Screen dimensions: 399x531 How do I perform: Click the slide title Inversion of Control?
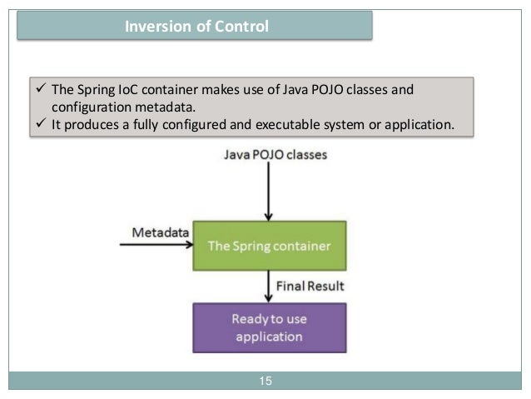pos(196,27)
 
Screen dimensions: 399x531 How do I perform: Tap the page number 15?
pos(265,382)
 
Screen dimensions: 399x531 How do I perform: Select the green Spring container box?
pos(268,247)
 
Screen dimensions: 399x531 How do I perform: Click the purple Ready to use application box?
pos(268,327)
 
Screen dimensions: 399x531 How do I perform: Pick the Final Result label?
pos(310,286)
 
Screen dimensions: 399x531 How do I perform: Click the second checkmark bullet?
pos(38,125)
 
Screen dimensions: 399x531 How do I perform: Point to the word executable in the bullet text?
pos(281,125)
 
